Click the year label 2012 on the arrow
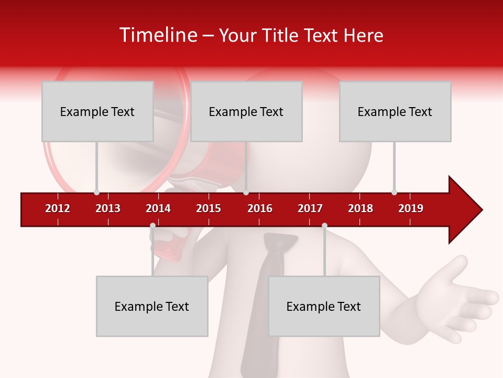click(58, 208)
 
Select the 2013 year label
click(108, 208)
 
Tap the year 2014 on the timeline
click(158, 208)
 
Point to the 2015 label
click(209, 208)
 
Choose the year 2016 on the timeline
click(260, 208)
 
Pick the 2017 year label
click(310, 208)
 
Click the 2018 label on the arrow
click(360, 208)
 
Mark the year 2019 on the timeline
click(411, 208)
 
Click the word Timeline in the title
click(157, 35)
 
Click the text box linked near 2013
click(97, 111)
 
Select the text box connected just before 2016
click(246, 111)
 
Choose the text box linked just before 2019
click(395, 111)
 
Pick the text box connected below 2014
click(152, 306)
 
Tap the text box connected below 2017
click(324, 306)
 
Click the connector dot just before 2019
click(394, 192)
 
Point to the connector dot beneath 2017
click(324, 226)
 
